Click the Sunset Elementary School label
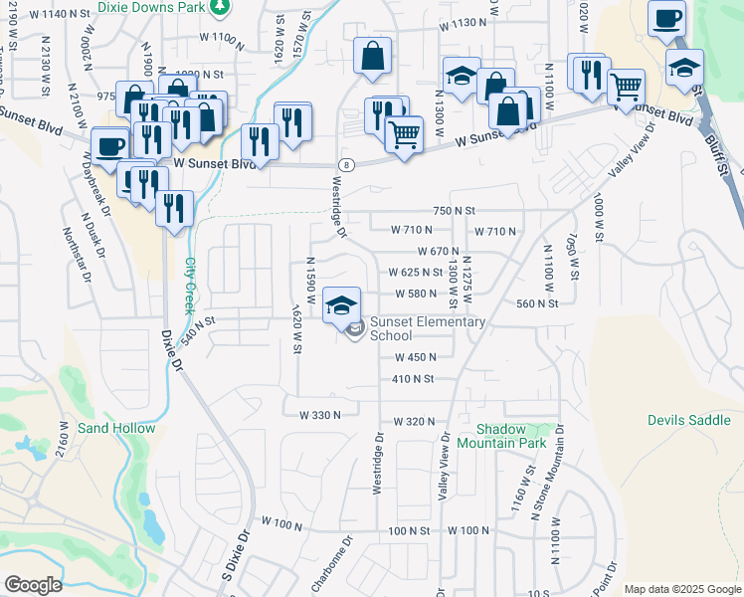(427, 328)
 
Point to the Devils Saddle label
(688, 421)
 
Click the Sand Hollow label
(116, 429)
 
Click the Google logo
(34, 585)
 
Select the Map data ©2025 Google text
(681, 590)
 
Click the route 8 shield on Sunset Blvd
(345, 163)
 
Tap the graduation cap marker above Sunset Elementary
(341, 304)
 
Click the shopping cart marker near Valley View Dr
(626, 88)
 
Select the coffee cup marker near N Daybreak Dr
(108, 146)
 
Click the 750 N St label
(455, 211)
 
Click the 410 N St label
(413, 379)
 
